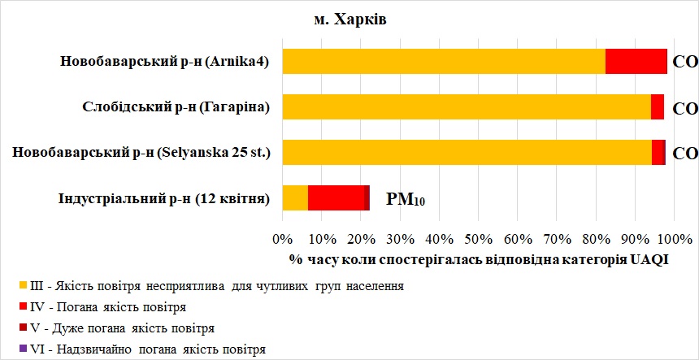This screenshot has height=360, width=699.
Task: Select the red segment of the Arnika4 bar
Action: point(636,61)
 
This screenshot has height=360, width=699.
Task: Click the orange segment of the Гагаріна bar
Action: point(467,106)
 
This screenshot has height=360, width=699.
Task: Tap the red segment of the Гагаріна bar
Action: point(658,106)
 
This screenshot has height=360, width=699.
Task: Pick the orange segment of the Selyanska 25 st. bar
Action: point(467,152)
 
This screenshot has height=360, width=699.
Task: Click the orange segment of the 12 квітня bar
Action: point(295,197)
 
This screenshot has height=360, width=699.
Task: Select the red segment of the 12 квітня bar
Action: point(338,197)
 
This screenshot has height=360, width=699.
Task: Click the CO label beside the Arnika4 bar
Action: point(686,62)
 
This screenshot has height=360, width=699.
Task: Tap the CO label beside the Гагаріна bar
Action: point(686,107)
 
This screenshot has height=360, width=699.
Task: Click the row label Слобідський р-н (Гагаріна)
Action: point(176,106)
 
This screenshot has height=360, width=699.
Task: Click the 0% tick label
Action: point(282,241)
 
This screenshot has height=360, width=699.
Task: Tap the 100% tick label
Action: point(673,241)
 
